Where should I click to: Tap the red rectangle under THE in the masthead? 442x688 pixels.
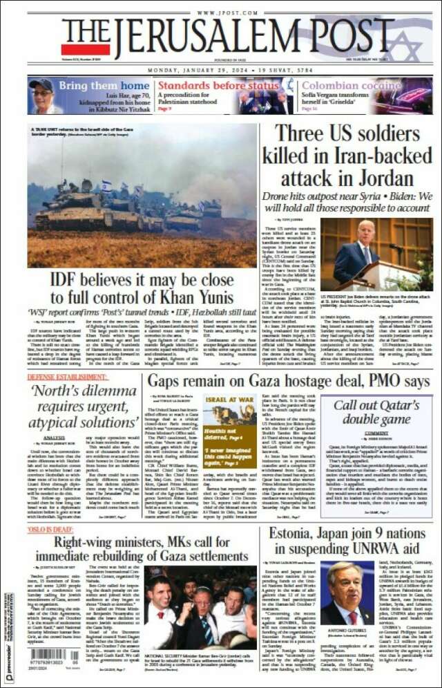click(x=85, y=49)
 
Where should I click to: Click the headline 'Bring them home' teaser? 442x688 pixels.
click(x=104, y=86)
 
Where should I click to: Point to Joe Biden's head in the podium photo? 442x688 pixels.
click(x=366, y=230)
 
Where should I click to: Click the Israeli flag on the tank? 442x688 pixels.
click(x=106, y=185)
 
